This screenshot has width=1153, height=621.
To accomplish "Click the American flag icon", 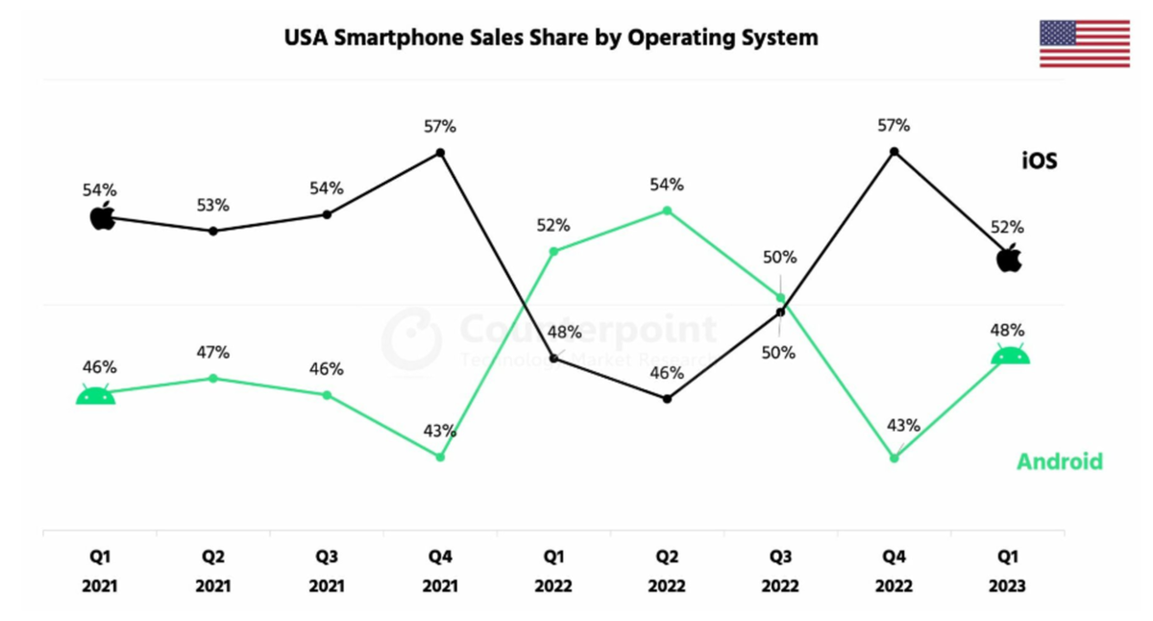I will [x=1085, y=44].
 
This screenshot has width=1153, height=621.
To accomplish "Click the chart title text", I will [x=551, y=37].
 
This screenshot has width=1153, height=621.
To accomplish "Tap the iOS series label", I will [x=1039, y=161].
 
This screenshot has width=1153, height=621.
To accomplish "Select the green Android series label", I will [x=1059, y=461].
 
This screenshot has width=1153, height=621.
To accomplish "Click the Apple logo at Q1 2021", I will [x=102, y=216].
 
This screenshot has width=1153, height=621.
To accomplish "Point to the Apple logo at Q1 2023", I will [x=1009, y=258].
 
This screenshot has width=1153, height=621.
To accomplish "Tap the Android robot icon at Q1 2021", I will [x=96, y=394].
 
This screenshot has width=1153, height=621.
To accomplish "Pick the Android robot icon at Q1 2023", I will [x=1010, y=354].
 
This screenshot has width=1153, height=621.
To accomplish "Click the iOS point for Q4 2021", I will [x=440, y=153].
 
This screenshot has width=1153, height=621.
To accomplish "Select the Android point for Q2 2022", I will [x=667, y=211].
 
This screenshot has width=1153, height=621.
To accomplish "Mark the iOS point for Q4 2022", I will [x=895, y=152].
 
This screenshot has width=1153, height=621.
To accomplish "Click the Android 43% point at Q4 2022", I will [x=895, y=458].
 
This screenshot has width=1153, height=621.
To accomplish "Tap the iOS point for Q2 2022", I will [x=667, y=398].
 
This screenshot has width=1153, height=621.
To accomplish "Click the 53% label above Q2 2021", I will [x=213, y=206].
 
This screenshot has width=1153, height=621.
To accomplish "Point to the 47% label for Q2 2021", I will [x=213, y=353].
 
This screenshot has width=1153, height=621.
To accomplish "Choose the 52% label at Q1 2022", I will [x=553, y=226].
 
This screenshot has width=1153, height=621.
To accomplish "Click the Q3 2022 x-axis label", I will [x=780, y=571].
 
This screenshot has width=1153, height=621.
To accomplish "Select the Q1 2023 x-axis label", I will [x=1007, y=571].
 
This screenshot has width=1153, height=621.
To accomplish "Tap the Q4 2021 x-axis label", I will [x=440, y=571].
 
